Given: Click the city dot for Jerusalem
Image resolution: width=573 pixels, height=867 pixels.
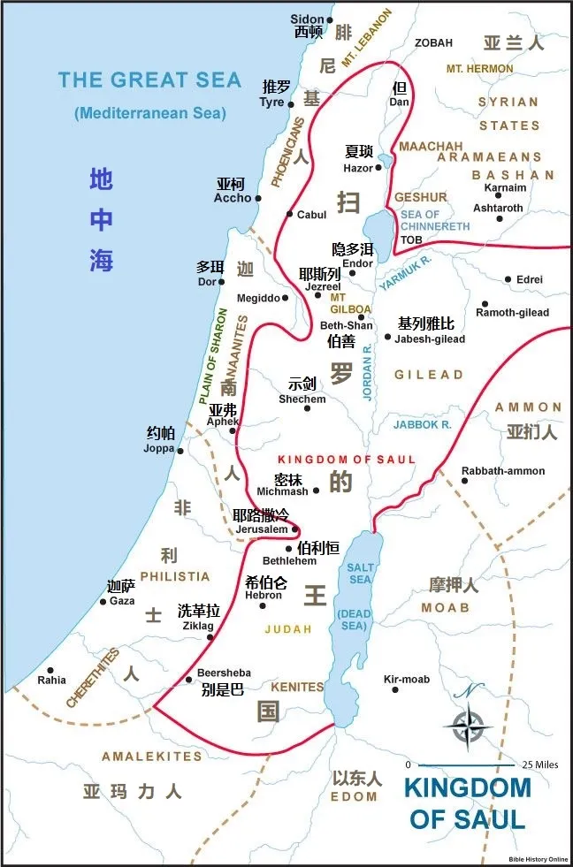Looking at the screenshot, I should [295, 529].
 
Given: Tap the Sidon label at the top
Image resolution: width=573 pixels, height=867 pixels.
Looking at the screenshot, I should [307, 19].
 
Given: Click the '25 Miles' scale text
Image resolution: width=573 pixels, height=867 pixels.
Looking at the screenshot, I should [539, 764].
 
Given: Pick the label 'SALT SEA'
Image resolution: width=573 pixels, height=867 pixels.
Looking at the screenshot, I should [361, 573].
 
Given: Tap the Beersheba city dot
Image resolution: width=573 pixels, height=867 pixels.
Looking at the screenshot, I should [189, 680].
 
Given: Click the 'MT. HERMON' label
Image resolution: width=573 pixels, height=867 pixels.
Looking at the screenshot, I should [479, 68].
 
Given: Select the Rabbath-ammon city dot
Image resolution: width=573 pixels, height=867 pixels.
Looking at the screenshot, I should [464, 481].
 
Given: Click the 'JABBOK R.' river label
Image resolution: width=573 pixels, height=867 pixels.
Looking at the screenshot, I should [423, 425].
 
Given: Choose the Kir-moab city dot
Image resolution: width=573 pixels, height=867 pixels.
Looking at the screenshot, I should [395, 689].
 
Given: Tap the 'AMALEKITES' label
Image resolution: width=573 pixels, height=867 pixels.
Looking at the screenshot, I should [152, 757].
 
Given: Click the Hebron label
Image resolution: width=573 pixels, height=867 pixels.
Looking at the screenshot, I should [264, 596].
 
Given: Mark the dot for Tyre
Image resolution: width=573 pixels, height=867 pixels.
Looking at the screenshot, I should [291, 103].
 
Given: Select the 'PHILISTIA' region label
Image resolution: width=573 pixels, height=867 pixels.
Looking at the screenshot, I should [175, 576].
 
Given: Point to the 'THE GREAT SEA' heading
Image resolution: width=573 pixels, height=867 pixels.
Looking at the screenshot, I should [149, 80].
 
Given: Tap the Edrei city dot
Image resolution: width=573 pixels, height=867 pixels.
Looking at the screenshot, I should [508, 279].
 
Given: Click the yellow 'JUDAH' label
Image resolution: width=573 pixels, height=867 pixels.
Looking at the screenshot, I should [289, 629].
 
